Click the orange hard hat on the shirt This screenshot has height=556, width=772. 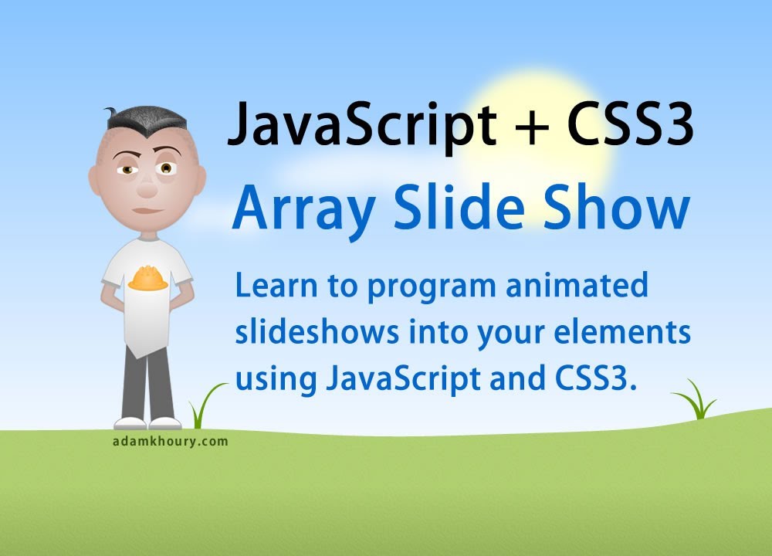[x=147, y=279]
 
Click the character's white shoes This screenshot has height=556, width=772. [x=147, y=422]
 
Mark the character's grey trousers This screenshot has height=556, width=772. [x=147, y=386]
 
